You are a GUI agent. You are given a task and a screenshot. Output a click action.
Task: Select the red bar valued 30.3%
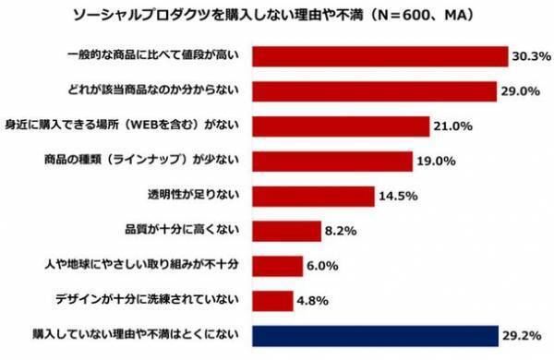coord(379,57)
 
